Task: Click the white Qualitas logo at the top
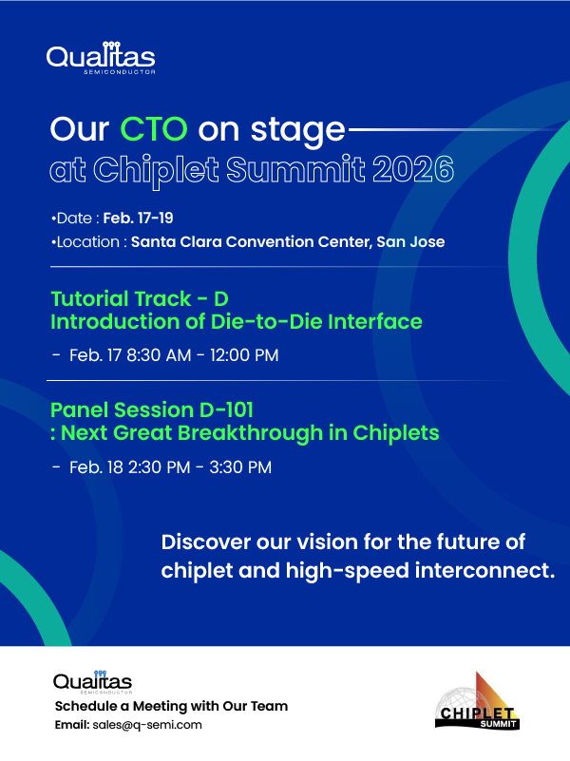click(101, 58)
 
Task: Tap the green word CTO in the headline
click(154, 129)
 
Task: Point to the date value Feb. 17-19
click(139, 218)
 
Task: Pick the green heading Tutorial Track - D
click(140, 299)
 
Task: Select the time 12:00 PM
click(244, 355)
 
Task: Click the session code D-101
click(226, 410)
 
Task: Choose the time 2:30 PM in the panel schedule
click(159, 467)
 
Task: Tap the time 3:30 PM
click(240, 467)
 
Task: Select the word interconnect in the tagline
click(484, 571)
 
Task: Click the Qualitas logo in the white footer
click(93, 682)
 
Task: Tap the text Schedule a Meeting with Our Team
click(171, 706)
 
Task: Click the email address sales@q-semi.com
click(147, 725)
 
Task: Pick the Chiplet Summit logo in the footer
click(477, 701)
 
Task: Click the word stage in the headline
click(298, 130)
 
